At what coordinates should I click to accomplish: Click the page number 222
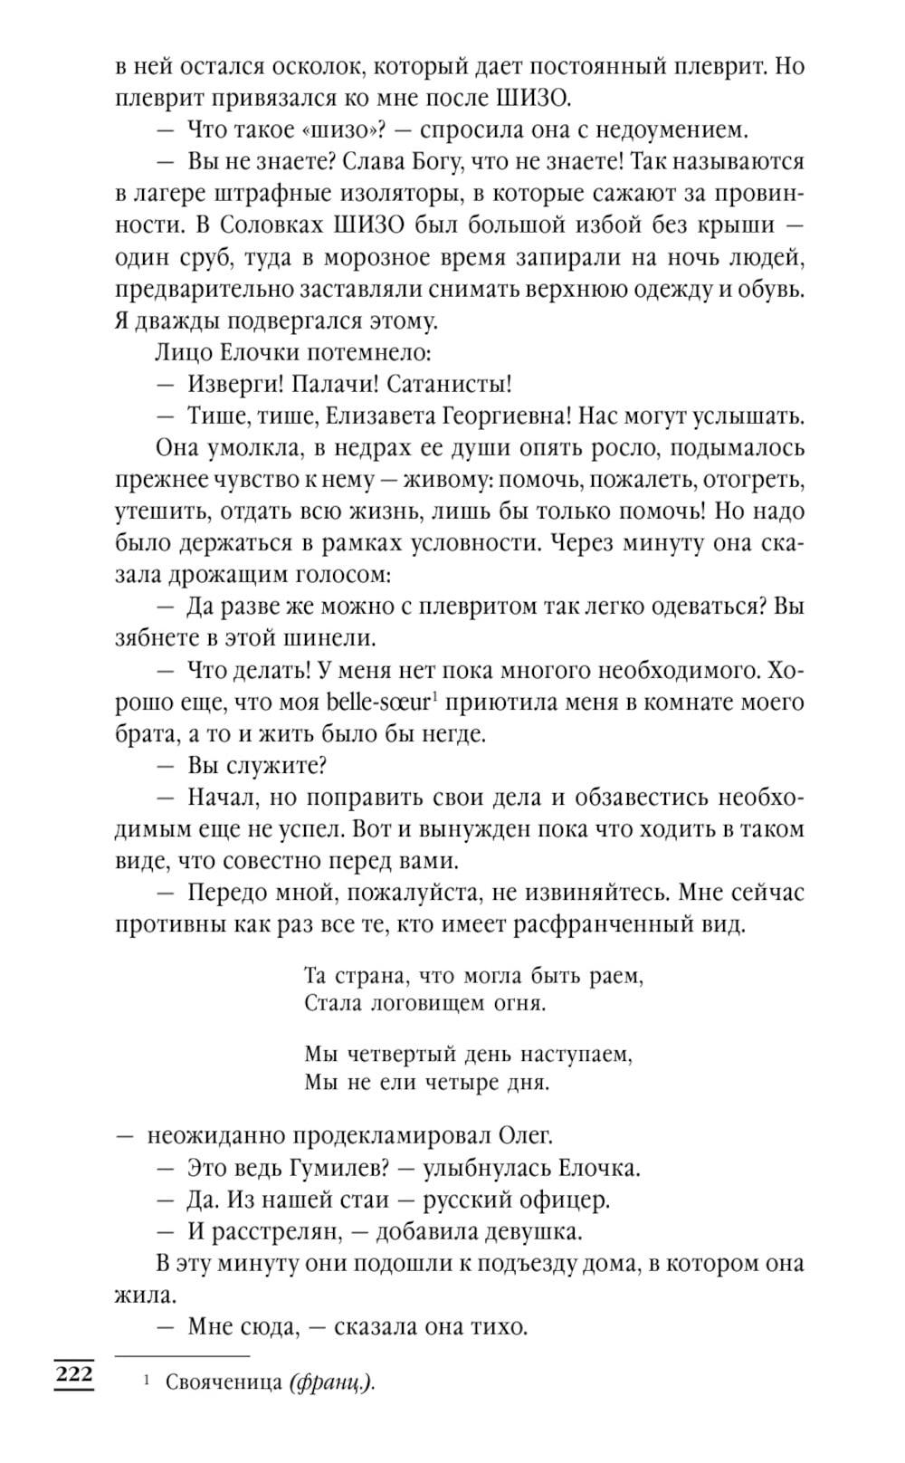(x=73, y=1375)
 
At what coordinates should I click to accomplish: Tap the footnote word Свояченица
(x=223, y=1382)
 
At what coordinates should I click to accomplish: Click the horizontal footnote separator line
(x=182, y=1356)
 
